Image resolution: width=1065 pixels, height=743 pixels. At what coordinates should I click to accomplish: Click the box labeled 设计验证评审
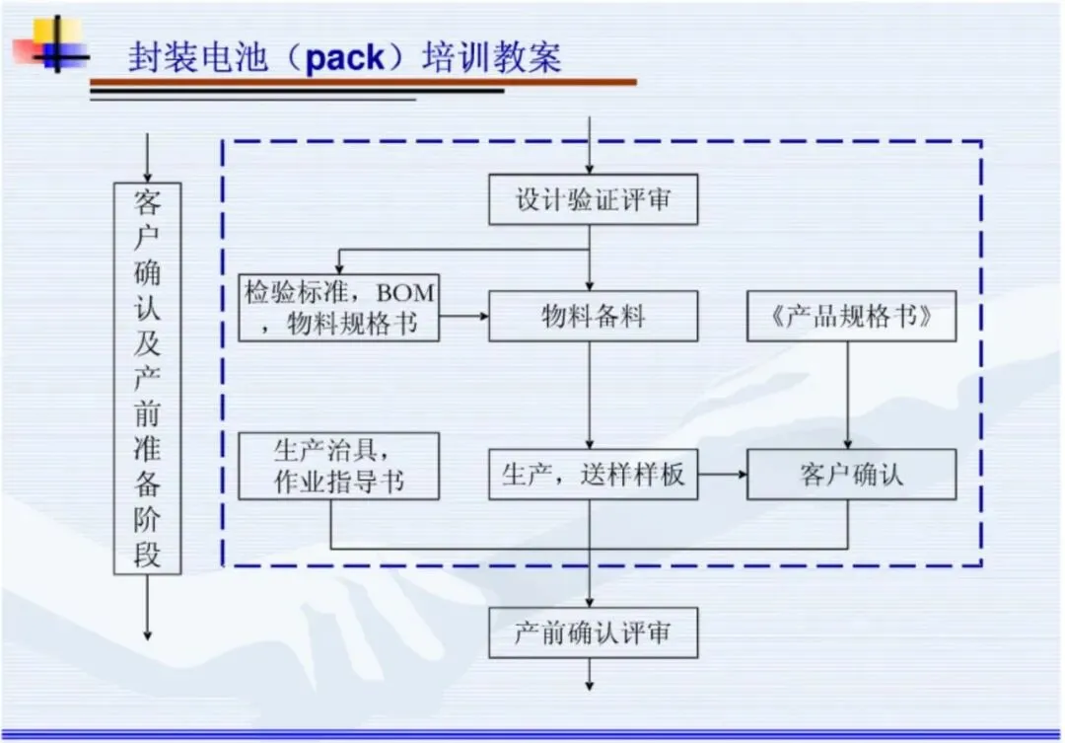click(593, 199)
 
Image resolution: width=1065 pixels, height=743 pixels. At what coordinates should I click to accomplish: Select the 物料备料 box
click(593, 316)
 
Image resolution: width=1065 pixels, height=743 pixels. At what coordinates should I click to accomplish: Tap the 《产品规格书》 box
click(851, 316)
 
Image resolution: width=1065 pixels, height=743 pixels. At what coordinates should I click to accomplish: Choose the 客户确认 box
click(851, 475)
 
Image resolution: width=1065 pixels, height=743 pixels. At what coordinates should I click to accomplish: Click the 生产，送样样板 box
click(593, 475)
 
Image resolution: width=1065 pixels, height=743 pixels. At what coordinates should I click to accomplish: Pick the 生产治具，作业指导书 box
click(338, 467)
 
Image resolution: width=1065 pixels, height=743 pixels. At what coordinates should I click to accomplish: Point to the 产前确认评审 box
click(593, 632)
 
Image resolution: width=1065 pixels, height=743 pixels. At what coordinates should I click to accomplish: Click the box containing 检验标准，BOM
click(338, 308)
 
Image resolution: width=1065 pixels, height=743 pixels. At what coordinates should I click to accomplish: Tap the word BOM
click(405, 293)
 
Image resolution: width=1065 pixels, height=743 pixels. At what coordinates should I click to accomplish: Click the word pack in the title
click(345, 58)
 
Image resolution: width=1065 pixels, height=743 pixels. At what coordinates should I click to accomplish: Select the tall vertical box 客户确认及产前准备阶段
click(147, 379)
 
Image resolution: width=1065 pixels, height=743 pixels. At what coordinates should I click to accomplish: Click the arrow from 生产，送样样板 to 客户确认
click(723, 475)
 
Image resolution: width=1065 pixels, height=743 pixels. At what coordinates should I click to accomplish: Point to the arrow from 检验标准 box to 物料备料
click(463, 316)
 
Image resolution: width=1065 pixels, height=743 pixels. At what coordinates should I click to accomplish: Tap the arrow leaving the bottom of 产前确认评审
click(590, 674)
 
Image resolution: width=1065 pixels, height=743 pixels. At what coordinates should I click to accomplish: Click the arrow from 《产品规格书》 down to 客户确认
click(848, 395)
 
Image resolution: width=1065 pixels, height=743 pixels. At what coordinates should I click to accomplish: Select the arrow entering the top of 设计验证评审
click(590, 145)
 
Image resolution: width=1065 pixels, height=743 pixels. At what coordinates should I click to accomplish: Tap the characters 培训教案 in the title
click(492, 57)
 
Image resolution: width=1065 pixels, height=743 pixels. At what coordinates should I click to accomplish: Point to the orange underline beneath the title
click(363, 82)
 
